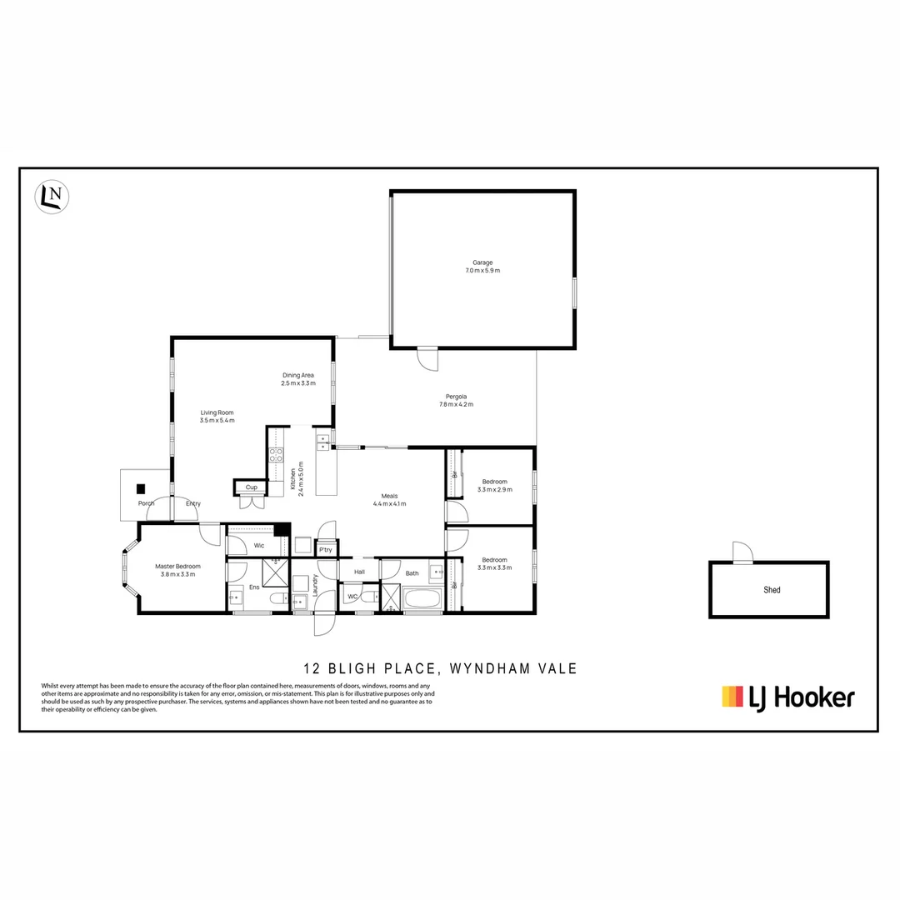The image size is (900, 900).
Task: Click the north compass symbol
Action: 52,197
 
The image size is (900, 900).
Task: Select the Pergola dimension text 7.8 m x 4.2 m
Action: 456,405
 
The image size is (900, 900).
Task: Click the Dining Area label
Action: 297,375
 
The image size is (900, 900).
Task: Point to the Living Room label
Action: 217,412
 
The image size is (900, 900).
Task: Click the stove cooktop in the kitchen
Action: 276,455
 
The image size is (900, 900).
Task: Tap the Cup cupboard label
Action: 250,487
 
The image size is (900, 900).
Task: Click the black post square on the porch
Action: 141,489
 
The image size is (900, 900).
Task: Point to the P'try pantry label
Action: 325,550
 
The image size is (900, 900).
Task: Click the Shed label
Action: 772,590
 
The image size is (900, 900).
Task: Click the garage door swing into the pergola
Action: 427,359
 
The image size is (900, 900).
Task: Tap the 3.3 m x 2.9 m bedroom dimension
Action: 494,490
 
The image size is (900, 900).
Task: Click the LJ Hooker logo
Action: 787,697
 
